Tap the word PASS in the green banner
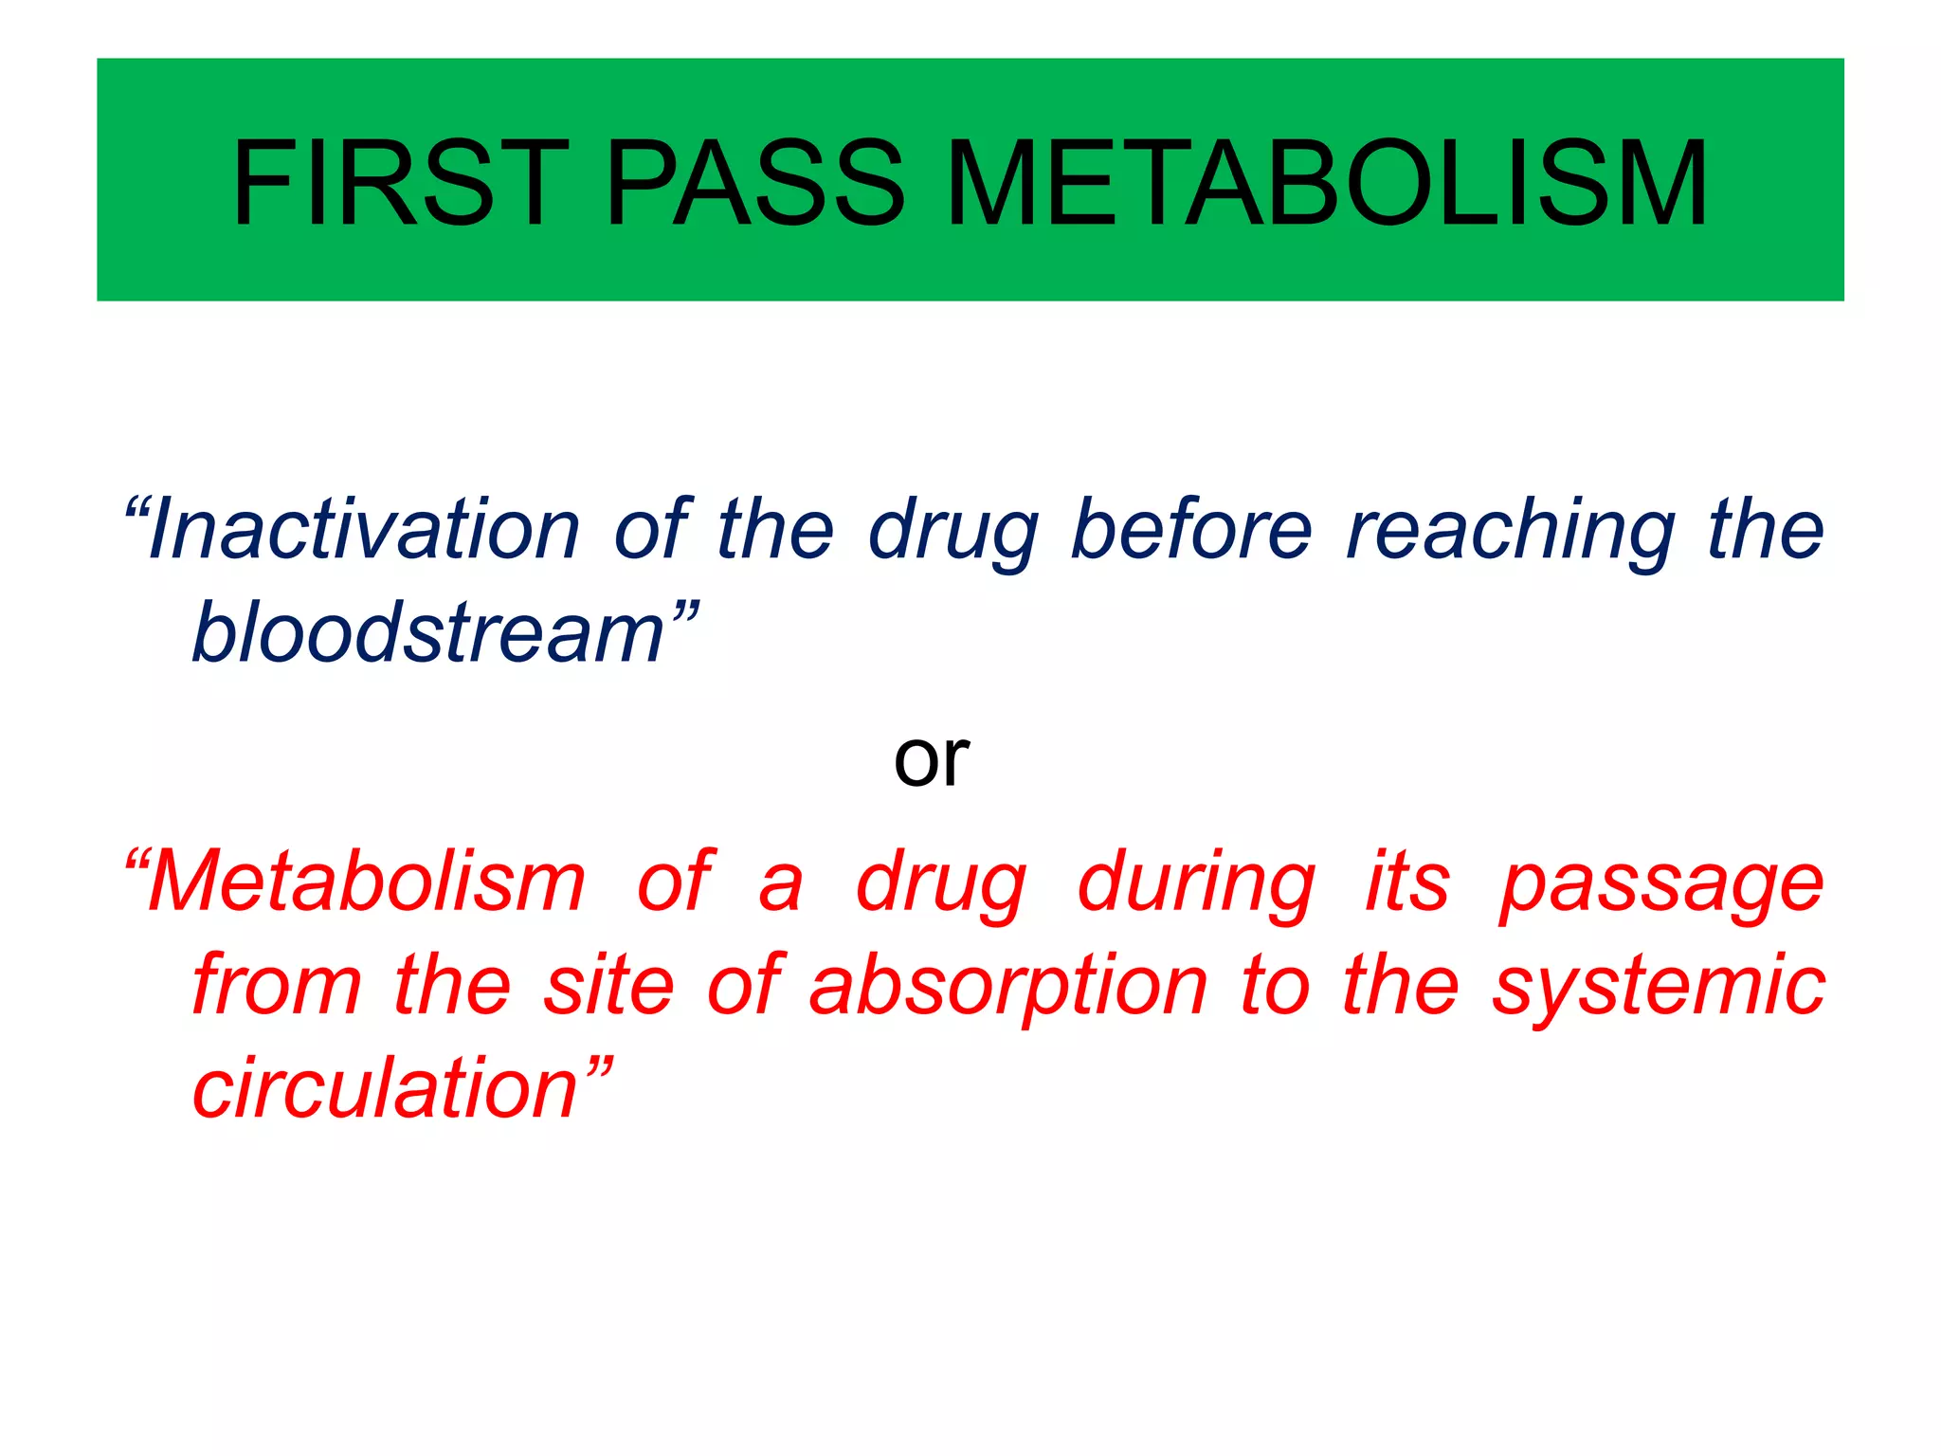click(x=755, y=183)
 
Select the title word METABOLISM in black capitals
click(x=1326, y=183)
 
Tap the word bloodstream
click(x=428, y=632)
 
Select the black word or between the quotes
click(x=931, y=760)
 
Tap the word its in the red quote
click(x=1407, y=882)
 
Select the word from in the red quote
click(x=277, y=985)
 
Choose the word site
click(x=608, y=985)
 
